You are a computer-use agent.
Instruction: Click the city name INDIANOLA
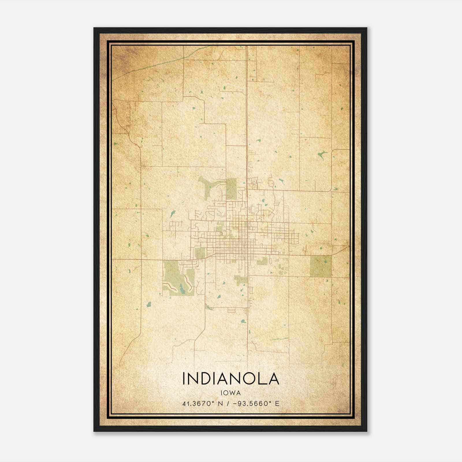[231, 379]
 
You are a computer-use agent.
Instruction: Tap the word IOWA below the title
[231, 393]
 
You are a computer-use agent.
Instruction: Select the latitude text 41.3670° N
[202, 404]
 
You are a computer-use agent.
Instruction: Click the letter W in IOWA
[233, 393]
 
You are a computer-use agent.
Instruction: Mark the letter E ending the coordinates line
[277, 404]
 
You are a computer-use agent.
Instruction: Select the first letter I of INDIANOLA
[184, 379]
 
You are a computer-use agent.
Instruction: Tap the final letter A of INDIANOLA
[274, 379]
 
